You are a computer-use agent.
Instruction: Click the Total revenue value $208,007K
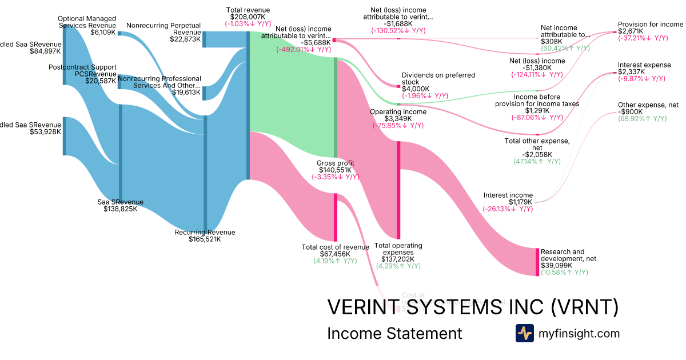248,17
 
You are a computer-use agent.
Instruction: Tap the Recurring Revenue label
205,232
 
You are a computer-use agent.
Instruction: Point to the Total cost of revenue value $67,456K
335,254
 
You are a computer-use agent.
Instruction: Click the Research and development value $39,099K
557,266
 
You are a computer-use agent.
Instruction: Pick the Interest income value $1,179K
521,202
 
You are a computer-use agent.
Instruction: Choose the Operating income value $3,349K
398,118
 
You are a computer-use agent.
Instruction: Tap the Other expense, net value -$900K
631,111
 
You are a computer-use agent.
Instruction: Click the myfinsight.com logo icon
524,333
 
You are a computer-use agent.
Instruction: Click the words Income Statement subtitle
394,333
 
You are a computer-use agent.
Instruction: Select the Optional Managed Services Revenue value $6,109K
103,33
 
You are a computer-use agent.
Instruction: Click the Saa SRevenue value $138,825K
120,209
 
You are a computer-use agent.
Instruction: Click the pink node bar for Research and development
537,262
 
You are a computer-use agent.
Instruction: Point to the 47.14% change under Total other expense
537,162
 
